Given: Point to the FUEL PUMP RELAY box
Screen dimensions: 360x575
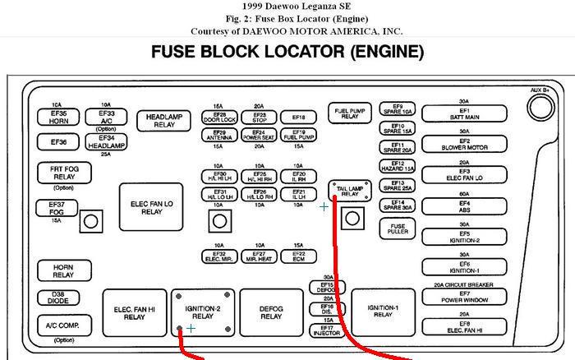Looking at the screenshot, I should (x=350, y=113).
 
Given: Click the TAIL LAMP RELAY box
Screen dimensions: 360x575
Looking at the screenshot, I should (x=351, y=190).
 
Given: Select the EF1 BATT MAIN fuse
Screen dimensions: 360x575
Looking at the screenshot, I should (x=464, y=113).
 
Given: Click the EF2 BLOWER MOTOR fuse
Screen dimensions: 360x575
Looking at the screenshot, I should (x=464, y=145).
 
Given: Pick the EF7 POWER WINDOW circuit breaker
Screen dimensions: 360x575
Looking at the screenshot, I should (x=464, y=297).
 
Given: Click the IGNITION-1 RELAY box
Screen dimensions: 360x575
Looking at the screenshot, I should (x=383, y=311).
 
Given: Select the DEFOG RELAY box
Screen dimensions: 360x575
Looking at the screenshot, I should (x=271, y=312).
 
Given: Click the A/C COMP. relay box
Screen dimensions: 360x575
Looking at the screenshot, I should (x=63, y=325).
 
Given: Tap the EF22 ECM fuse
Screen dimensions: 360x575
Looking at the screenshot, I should (x=299, y=256).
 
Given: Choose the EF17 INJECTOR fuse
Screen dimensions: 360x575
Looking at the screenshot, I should (x=326, y=330).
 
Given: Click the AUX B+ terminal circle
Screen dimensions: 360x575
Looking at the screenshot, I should (x=540, y=106).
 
